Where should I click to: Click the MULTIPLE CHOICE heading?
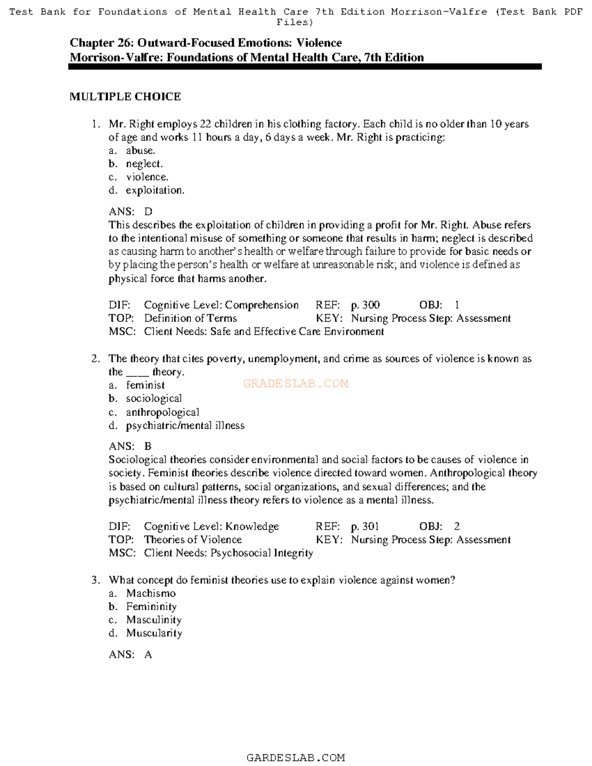[125, 97]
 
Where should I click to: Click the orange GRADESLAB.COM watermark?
[296, 384]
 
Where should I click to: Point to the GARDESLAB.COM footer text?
[296, 758]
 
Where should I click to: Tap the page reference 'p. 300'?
[365, 305]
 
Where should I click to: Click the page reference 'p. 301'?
[365, 527]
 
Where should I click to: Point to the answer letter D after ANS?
[148, 212]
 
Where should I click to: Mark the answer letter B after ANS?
[148, 446]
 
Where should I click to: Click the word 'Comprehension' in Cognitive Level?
[261, 305]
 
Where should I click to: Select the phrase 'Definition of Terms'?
[190, 319]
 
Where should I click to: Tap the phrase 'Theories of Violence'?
[193, 540]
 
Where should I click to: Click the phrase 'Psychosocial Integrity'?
[261, 553]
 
